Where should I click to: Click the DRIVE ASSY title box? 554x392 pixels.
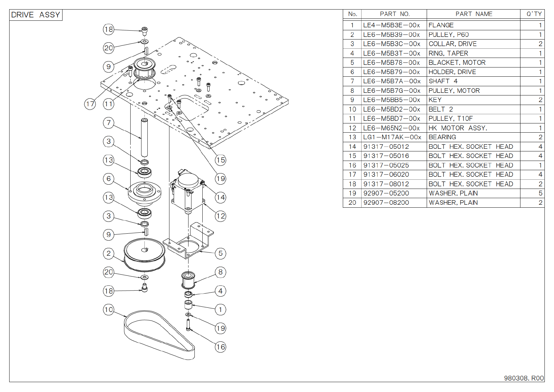click(36, 15)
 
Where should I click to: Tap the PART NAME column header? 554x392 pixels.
click(474, 14)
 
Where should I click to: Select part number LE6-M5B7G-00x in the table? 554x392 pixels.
click(391, 91)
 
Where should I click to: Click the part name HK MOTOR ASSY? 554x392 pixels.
click(458, 128)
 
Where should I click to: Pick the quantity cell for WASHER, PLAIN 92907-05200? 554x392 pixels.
click(540, 193)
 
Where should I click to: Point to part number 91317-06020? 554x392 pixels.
click(386, 174)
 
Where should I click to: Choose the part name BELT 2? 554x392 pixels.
click(441, 109)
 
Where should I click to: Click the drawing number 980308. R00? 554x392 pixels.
click(524, 378)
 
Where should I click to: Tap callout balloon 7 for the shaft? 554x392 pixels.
click(109, 123)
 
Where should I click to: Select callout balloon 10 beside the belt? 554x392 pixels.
click(109, 310)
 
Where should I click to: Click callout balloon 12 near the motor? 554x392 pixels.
click(220, 216)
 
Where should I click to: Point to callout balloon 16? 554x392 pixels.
click(220, 347)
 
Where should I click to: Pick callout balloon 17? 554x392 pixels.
click(90, 104)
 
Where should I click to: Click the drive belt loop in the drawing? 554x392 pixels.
click(159, 335)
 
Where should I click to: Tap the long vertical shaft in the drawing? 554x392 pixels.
click(144, 138)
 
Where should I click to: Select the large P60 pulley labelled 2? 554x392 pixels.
click(144, 255)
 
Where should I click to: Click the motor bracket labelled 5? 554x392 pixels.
click(188, 241)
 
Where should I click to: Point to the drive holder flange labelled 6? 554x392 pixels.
click(144, 194)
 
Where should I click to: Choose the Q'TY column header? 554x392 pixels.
click(534, 14)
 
